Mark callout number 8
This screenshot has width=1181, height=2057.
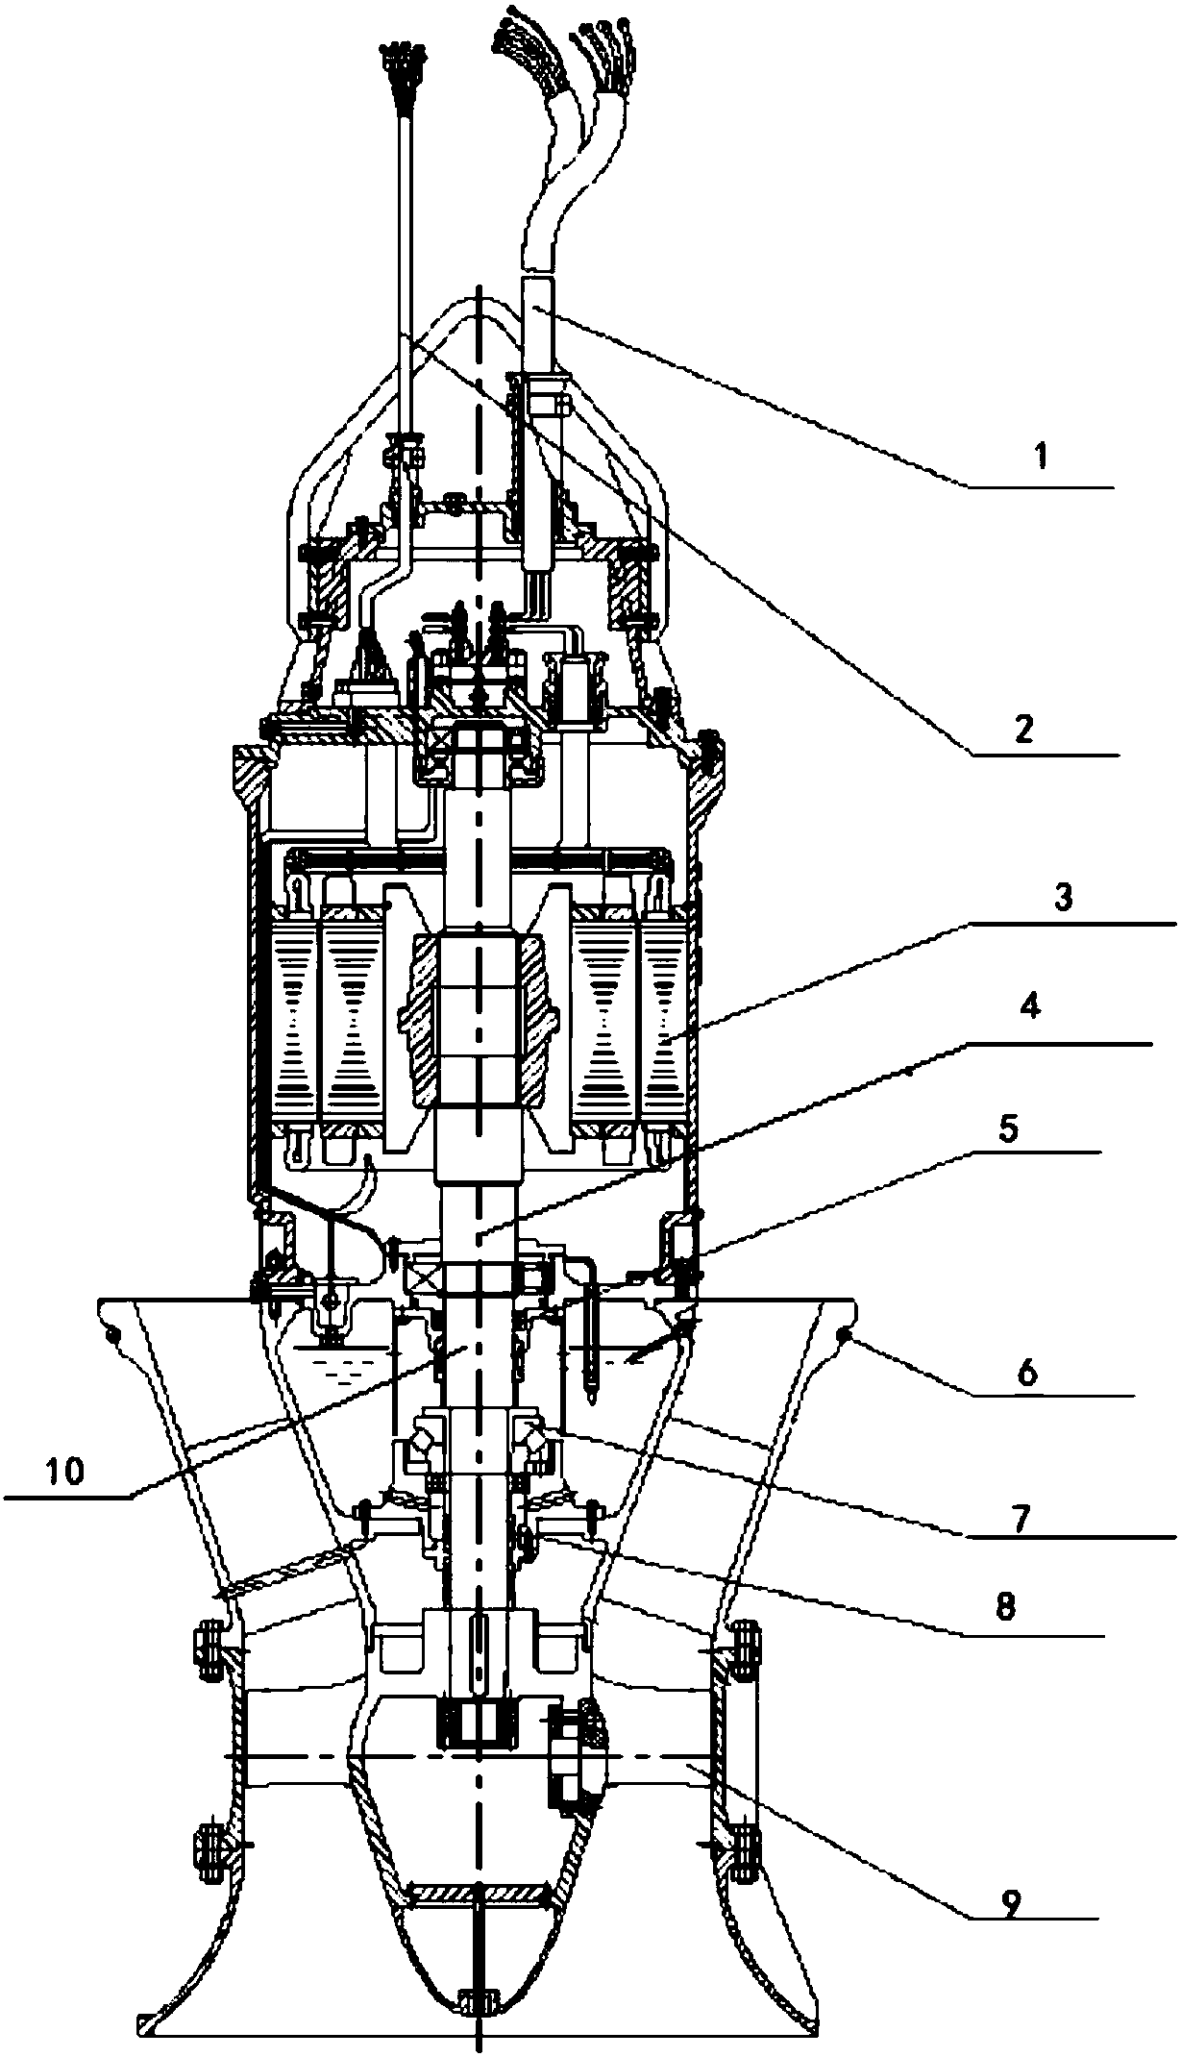[x=1004, y=1606]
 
